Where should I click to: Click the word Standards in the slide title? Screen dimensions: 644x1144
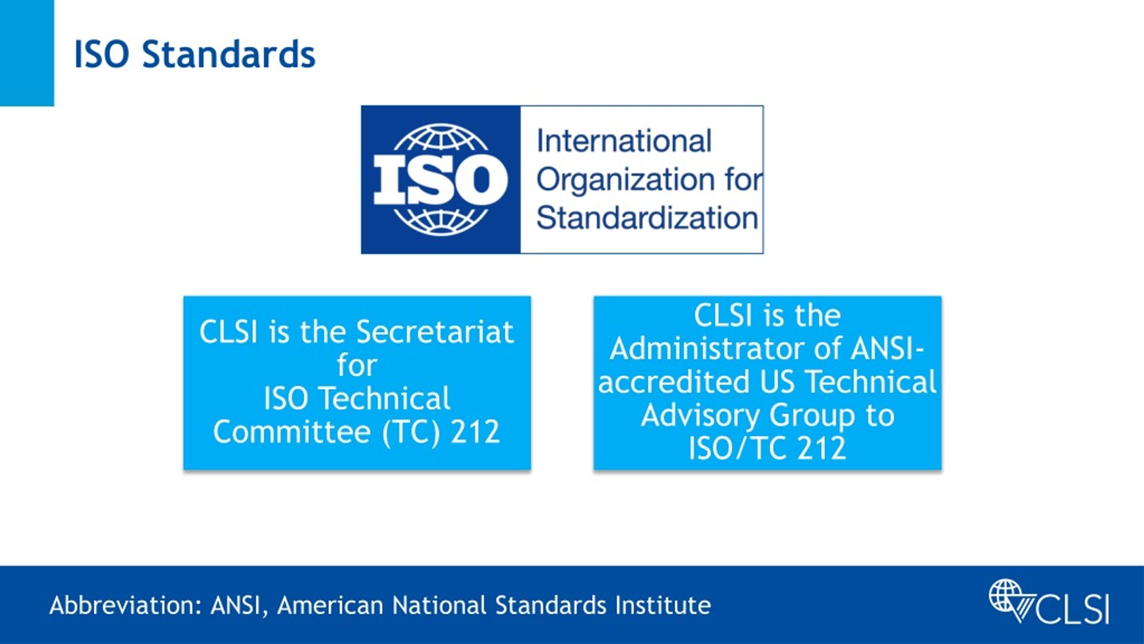tap(228, 54)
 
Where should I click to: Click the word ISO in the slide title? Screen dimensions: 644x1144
tap(101, 54)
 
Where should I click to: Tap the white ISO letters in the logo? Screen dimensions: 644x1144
tap(440, 180)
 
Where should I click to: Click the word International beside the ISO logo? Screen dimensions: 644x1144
tap(624, 141)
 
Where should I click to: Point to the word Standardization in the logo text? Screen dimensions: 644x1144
tap(647, 218)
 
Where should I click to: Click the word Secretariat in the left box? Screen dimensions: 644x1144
tap(435, 332)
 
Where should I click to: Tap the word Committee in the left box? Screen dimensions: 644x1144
tap(292, 432)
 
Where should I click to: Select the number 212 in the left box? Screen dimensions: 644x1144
tap(475, 432)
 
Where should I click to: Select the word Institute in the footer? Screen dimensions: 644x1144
tap(663, 606)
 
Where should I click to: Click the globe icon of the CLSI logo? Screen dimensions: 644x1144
tap(1005, 595)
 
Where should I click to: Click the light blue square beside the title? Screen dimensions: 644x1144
tap(27, 53)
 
